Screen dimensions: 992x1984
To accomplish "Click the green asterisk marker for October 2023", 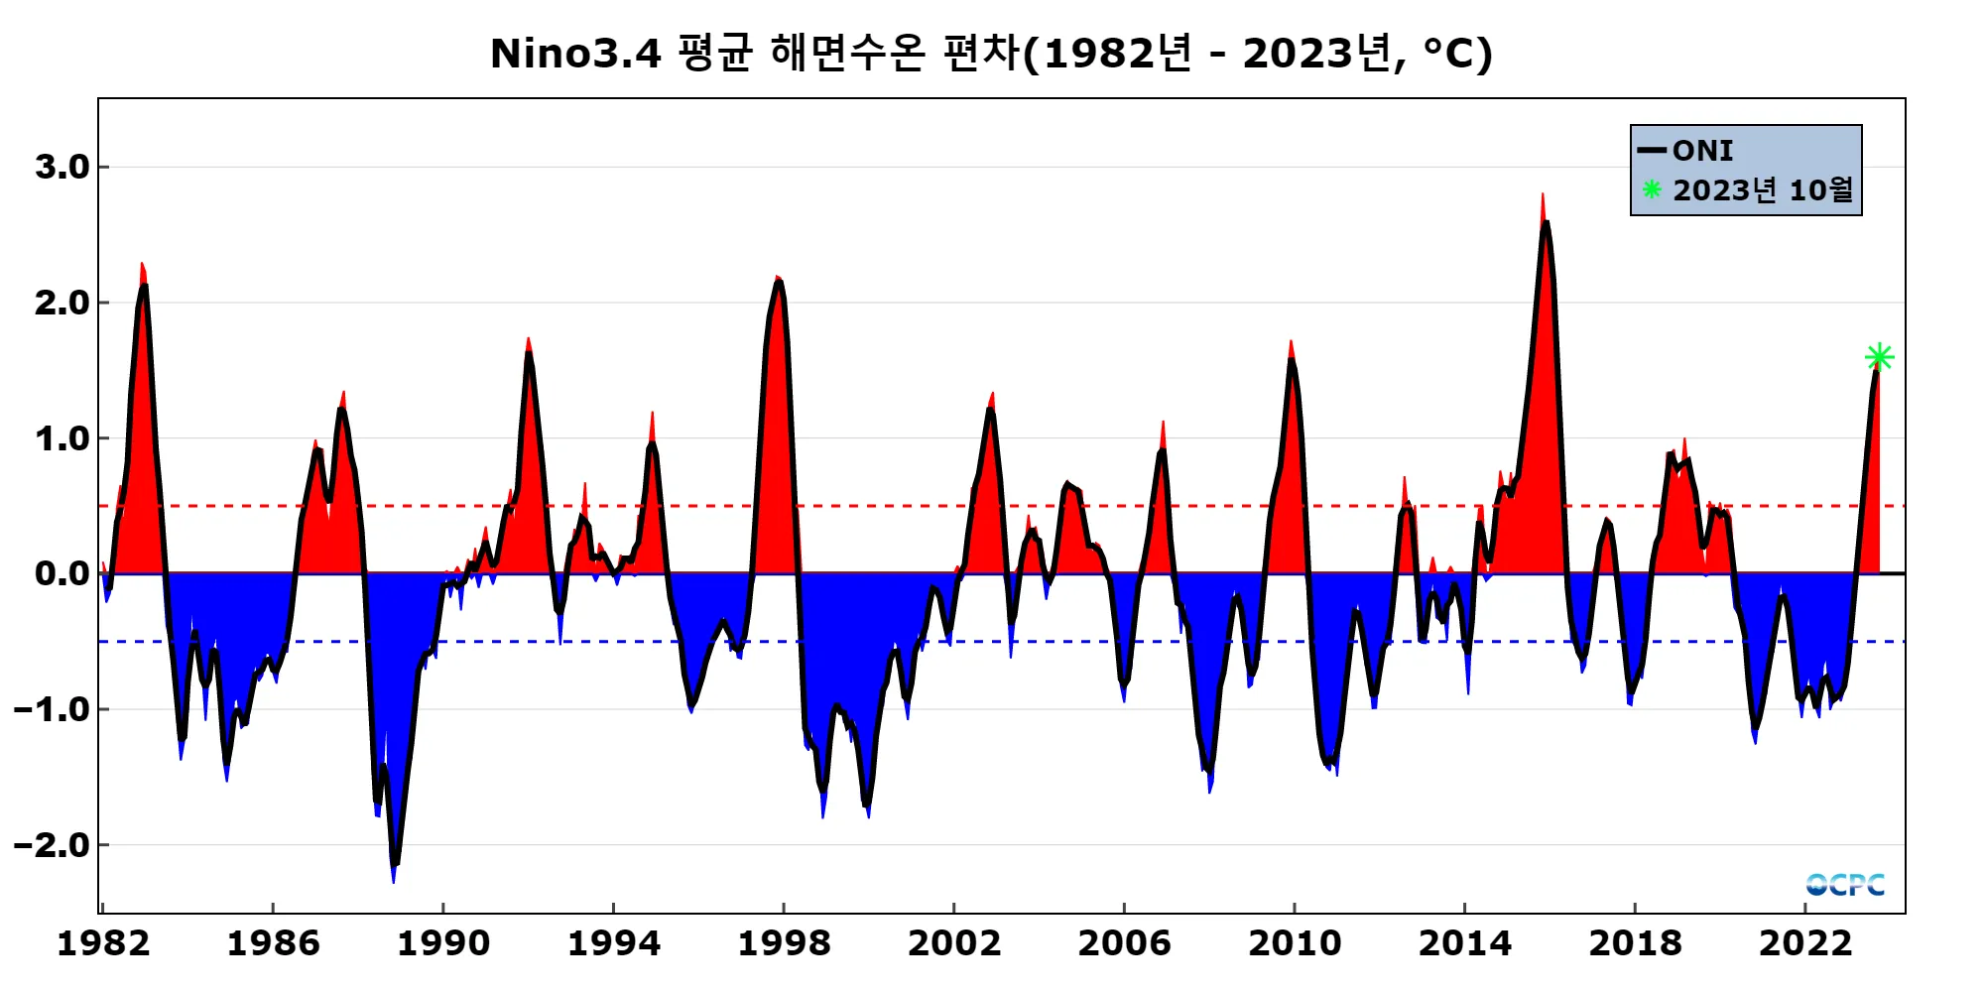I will (1879, 357).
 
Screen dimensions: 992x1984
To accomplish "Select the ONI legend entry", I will (1701, 151).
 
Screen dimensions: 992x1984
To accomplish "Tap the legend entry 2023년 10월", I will (1762, 189).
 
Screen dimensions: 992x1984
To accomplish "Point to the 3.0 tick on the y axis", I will (62, 167).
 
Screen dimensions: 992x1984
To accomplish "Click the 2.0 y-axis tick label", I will (62, 303).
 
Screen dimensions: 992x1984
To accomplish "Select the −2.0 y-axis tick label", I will (53, 845).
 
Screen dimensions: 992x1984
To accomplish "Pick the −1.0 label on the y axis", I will (53, 709).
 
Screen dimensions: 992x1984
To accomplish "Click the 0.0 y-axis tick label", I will (62, 573).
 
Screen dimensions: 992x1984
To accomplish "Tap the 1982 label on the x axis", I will (103, 942).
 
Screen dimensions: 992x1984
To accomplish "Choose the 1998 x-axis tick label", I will (784, 942).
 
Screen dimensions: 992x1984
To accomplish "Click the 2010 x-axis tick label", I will (1295, 942).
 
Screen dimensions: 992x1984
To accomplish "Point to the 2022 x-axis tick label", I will (1805, 942).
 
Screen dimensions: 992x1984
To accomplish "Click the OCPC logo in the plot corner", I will (1845, 884).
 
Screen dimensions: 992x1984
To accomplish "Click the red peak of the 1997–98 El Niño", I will (778, 280).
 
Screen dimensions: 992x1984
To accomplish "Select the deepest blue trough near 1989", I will (394, 877).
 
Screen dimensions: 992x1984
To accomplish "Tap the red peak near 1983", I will (142, 266).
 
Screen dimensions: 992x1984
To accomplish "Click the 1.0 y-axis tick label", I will (62, 438).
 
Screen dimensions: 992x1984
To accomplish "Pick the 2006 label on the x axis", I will (1124, 942).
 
